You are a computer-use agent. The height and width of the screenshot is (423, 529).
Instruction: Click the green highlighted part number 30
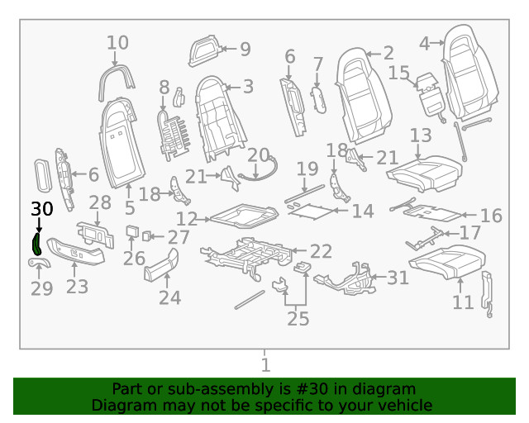(37, 244)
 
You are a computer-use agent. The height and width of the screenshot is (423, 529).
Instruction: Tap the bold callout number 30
(41, 210)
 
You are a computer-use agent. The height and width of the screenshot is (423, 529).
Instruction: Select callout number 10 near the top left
(118, 42)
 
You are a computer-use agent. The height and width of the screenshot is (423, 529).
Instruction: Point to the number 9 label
(245, 49)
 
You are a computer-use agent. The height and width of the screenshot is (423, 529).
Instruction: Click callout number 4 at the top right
(425, 42)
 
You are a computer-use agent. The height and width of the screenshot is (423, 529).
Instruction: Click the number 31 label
(398, 278)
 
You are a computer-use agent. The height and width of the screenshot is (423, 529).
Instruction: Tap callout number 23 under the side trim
(77, 287)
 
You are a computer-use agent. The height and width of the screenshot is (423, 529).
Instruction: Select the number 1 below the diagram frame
(264, 364)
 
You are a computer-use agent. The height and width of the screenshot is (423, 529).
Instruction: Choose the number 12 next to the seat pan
(188, 219)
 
